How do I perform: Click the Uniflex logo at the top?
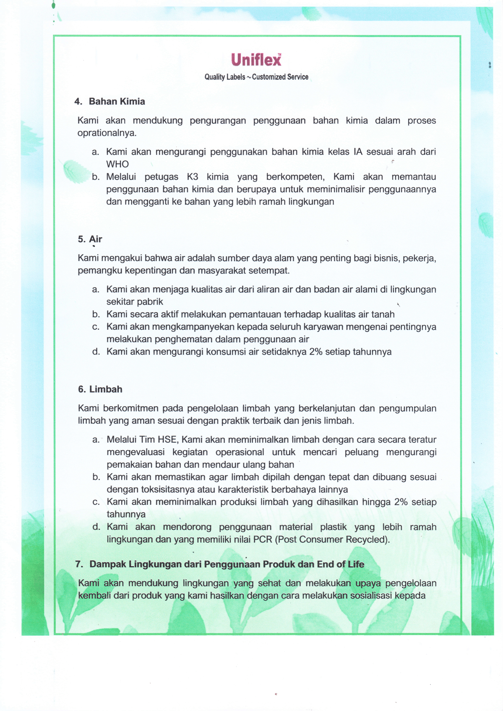pyautogui.click(x=256, y=60)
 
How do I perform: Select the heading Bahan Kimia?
pyautogui.click(x=117, y=102)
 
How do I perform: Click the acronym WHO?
pyautogui.click(x=117, y=164)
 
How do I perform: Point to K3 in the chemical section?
pyautogui.click(x=192, y=177)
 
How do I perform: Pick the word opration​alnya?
pyautogui.click(x=106, y=133)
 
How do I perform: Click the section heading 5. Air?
pyautogui.click(x=90, y=239)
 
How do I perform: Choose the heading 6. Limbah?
pyautogui.click(x=100, y=389)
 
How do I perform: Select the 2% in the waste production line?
pyautogui.click(x=401, y=502)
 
